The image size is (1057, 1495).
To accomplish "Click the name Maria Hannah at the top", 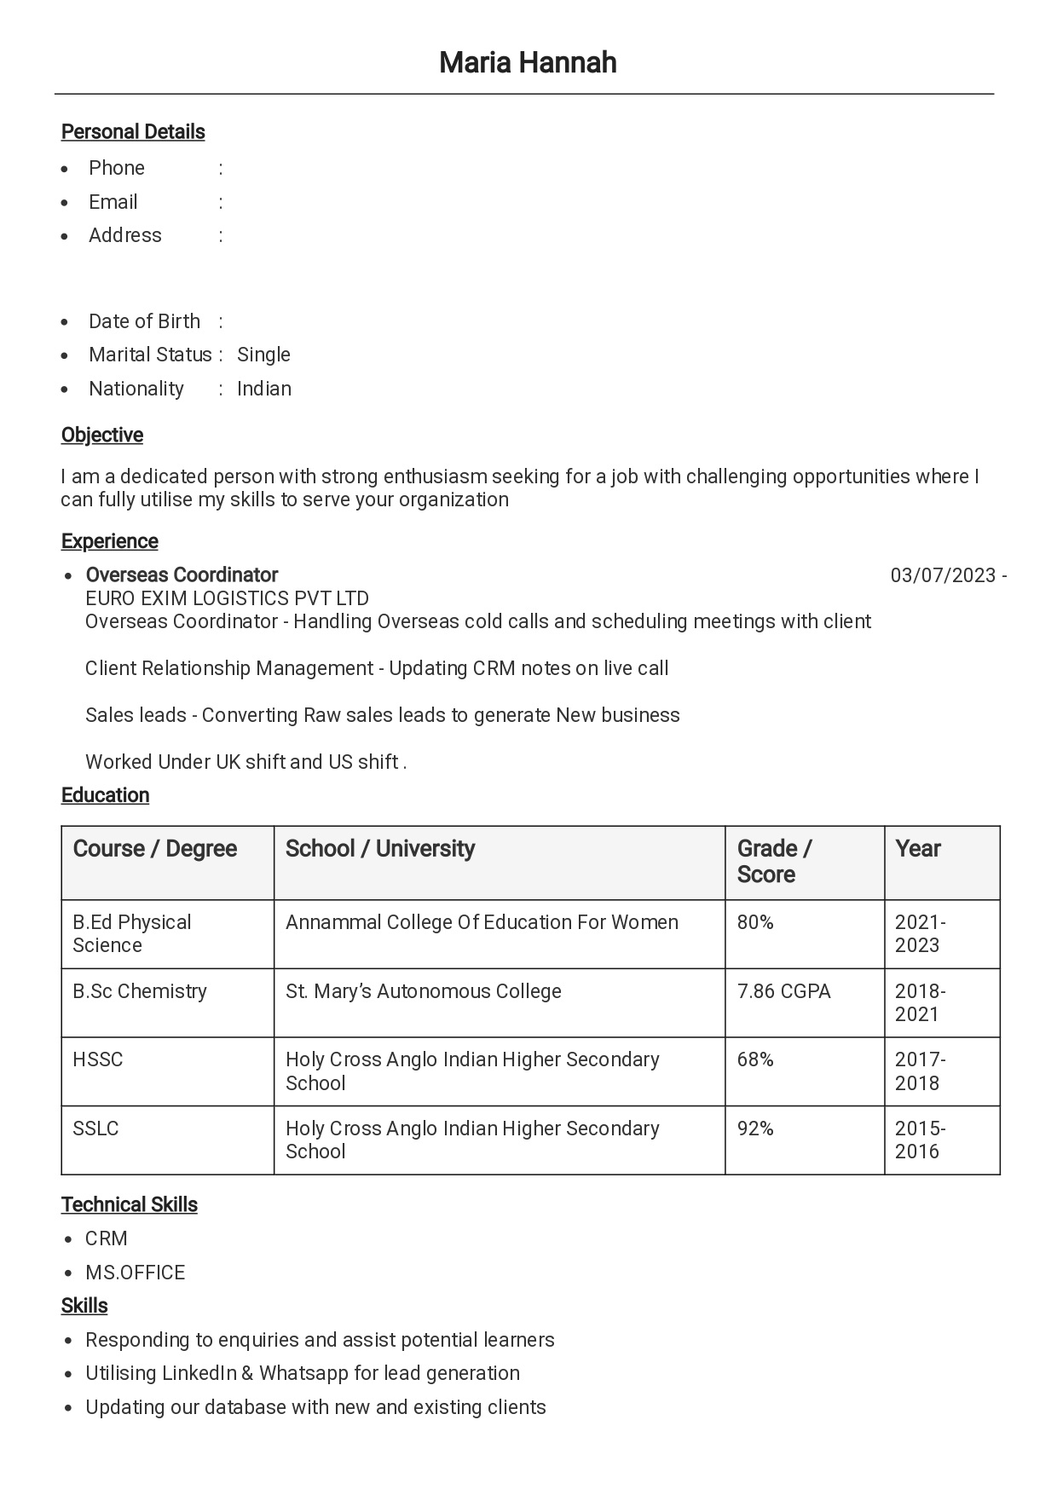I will point(528,62).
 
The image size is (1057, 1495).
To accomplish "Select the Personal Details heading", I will point(133,132).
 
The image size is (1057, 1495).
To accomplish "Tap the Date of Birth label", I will point(144,321).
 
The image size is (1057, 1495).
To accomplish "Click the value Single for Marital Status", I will point(263,355).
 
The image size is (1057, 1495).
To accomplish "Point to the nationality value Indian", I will point(264,389).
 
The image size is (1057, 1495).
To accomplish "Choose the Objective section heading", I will point(102,435).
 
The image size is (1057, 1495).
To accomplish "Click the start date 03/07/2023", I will point(943,575).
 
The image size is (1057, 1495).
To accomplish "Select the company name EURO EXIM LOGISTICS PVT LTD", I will point(227,598).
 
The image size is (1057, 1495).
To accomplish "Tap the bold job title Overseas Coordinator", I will point(182,575).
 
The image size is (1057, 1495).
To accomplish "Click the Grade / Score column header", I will point(774,861).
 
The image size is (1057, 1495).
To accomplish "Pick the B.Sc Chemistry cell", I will point(140,991).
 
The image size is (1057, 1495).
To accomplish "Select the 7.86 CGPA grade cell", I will point(783,991).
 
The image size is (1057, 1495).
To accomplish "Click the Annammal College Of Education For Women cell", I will point(482,922).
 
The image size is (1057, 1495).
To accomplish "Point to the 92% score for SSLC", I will point(755,1128).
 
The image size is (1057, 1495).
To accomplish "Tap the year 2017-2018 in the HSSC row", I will point(920,1071).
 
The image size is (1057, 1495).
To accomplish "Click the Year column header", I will point(918,849).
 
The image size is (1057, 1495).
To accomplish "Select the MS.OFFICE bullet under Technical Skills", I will point(135,1273).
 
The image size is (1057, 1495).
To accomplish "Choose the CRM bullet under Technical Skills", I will point(107,1238).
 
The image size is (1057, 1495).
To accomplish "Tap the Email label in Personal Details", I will point(113,202).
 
